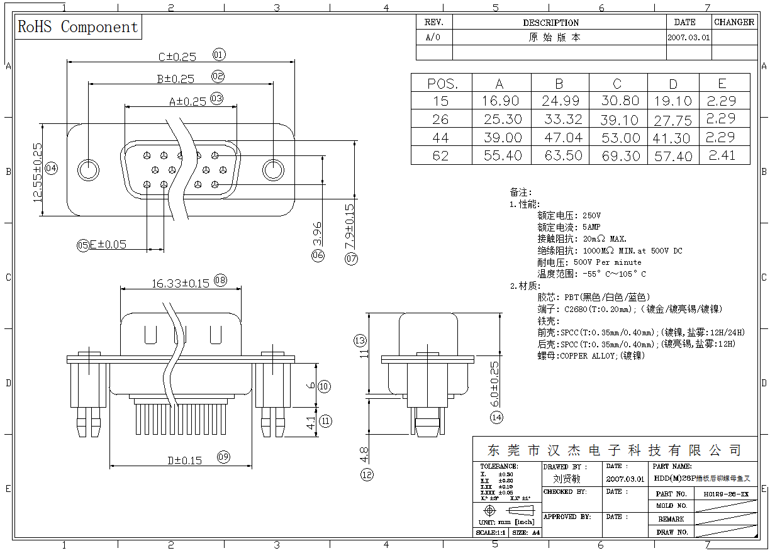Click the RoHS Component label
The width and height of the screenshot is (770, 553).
click(x=78, y=27)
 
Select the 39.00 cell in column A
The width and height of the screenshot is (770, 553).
click(x=502, y=138)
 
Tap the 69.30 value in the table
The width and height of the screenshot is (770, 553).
click(x=620, y=156)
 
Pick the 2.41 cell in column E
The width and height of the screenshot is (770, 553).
click(x=722, y=155)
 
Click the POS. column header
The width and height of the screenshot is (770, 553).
click(x=442, y=84)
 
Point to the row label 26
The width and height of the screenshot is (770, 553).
click(x=441, y=120)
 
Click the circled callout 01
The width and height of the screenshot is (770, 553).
click(x=219, y=55)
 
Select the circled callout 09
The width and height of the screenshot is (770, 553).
click(x=223, y=457)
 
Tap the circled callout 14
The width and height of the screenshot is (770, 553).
click(x=497, y=417)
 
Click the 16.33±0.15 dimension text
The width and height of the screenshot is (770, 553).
click(x=180, y=284)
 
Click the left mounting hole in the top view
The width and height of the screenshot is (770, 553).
click(x=88, y=170)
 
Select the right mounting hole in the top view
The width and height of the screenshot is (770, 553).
click(x=273, y=170)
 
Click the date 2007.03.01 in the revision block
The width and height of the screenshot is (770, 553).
click(x=688, y=38)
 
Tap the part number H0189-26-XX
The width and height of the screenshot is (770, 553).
click(x=725, y=494)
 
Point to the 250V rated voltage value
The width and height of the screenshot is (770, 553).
click(x=591, y=216)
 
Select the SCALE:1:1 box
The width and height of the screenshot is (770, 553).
click(x=490, y=532)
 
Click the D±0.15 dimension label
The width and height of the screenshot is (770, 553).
click(x=184, y=461)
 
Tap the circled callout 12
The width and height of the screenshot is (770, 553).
click(x=367, y=475)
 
